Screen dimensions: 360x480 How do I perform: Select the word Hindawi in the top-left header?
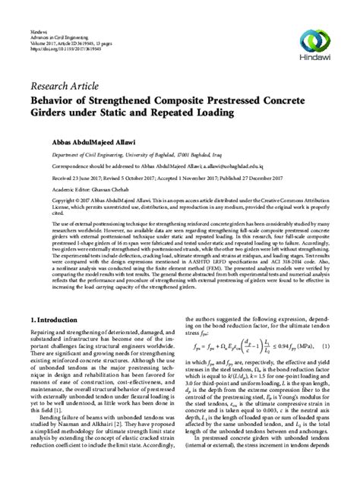38,19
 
